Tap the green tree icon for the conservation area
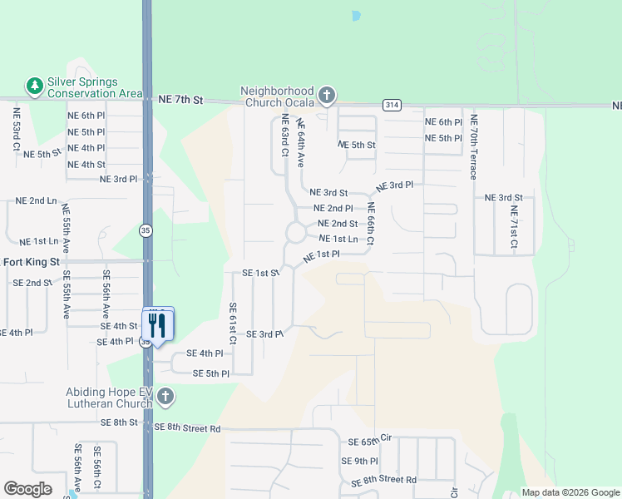click(x=34, y=86)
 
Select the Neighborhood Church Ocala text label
click(x=278, y=96)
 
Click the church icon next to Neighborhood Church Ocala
click(x=326, y=96)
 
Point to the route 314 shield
click(x=391, y=105)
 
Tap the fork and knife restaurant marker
click(x=157, y=323)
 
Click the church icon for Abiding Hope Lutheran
click(x=165, y=397)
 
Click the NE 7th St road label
click(x=180, y=100)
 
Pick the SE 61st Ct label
click(x=234, y=324)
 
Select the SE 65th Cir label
click(x=370, y=441)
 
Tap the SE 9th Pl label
click(x=359, y=461)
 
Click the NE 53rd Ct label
click(x=17, y=128)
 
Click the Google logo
click(x=27, y=489)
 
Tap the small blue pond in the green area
click(x=356, y=16)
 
